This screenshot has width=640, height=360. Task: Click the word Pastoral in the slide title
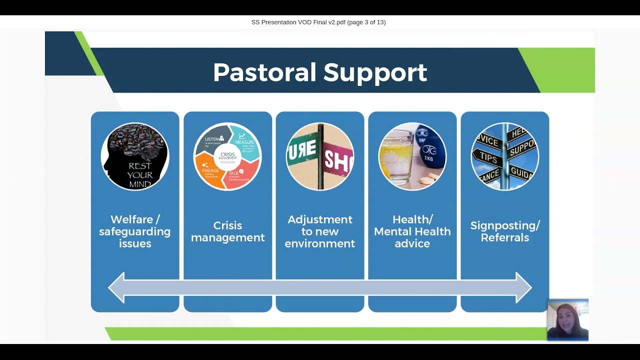tap(264, 72)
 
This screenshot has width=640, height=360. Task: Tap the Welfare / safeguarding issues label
tap(135, 231)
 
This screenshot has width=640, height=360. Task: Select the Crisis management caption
tap(227, 231)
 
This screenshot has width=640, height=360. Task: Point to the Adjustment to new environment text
tap(320, 231)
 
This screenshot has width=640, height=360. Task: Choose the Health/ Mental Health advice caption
tap(412, 231)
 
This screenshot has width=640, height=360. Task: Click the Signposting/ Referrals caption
tap(505, 231)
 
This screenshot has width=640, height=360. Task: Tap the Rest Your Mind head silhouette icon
tap(135, 156)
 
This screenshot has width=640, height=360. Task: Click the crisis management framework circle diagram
tap(227, 156)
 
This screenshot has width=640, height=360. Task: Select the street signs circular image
tap(320, 156)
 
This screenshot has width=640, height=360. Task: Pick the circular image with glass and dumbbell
tap(412, 156)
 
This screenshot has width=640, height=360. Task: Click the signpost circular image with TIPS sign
tap(505, 156)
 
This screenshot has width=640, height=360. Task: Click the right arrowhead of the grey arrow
tap(523, 287)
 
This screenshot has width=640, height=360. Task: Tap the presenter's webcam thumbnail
tap(567, 320)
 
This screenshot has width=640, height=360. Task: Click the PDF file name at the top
tap(318, 22)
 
